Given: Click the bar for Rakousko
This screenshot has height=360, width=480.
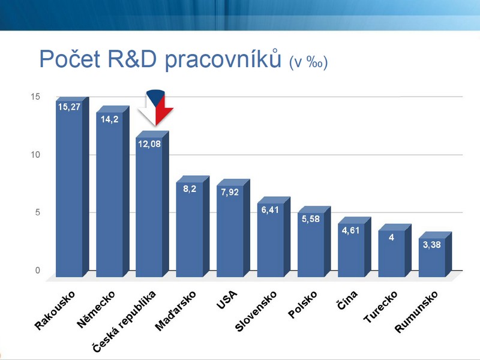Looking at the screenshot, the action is tap(72, 187).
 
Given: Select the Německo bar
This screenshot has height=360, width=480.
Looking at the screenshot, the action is tap(113, 191).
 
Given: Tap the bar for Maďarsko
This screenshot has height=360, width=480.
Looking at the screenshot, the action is tap(193, 227).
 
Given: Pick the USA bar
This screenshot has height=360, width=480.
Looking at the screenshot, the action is tap(233, 228).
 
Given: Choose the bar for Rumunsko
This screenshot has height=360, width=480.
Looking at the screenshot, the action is tap(435, 254).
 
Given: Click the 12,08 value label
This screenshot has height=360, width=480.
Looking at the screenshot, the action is tap(149, 144).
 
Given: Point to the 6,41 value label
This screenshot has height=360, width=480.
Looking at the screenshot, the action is tap(270, 210).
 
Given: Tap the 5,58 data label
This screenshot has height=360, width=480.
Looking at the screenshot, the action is tap(310, 219).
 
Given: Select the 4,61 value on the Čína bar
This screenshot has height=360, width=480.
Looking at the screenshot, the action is tap(351, 230).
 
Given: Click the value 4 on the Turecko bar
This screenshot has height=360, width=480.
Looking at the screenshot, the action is tap(391, 237).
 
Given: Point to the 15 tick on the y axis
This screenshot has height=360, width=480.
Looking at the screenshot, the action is tap(35, 97).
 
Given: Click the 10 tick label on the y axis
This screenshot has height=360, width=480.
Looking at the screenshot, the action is tap(35, 155).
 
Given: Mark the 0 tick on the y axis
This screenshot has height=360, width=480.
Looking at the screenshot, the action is tap(38, 271).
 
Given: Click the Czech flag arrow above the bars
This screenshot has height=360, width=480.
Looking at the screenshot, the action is tap(156, 108).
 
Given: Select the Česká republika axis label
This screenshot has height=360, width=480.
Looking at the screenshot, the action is tap(124, 322).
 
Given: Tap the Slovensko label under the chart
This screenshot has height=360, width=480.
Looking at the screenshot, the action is tap(256, 311).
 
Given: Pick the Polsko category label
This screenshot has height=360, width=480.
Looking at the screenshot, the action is tap(302, 305).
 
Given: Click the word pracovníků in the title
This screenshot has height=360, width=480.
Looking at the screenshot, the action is tap(223, 59).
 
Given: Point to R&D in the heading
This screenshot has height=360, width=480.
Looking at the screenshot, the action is tap(132, 59).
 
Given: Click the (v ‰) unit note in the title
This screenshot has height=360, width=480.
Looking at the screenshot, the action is tap(308, 62).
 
